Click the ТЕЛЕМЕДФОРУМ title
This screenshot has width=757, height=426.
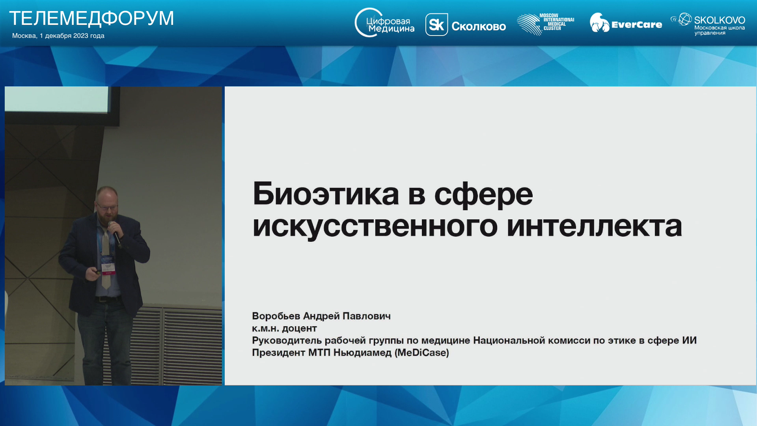[91, 19]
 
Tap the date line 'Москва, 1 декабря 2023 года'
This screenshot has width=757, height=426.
[58, 36]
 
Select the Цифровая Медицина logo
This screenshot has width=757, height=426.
[384, 23]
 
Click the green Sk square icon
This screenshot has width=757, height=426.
[436, 25]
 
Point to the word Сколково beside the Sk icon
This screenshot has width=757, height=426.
[479, 26]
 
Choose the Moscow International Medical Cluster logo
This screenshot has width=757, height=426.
[545, 24]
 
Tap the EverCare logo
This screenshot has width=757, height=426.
[626, 23]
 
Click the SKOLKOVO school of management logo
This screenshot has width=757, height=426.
[708, 24]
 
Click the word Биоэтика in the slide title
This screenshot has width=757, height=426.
[326, 194]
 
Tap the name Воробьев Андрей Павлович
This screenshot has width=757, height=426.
[321, 316]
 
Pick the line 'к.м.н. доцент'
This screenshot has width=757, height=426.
[284, 328]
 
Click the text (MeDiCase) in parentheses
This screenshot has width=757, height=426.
[422, 353]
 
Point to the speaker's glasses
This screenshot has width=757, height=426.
[106, 205]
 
